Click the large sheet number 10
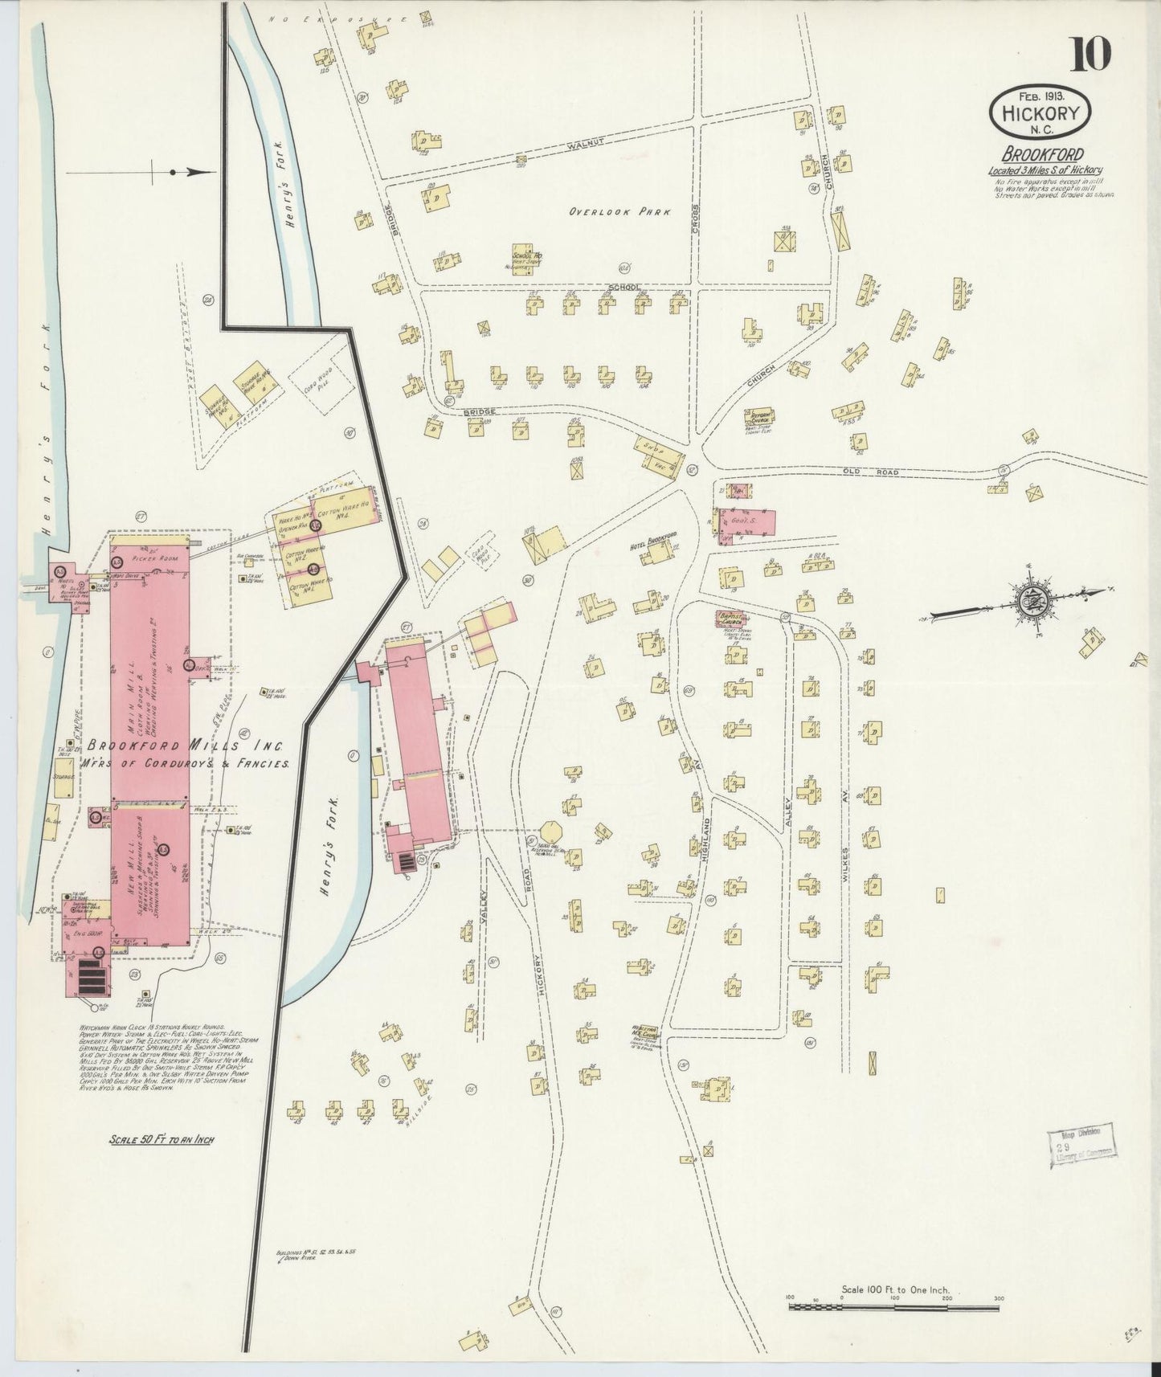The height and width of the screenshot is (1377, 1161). coord(1089,54)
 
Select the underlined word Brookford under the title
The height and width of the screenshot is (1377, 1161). coord(1042,154)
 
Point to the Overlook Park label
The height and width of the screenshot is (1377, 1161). coord(619,212)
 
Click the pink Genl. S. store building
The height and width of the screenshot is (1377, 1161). coord(747,521)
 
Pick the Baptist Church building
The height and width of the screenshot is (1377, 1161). coord(731,619)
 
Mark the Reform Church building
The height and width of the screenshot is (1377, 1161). coord(758,418)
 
